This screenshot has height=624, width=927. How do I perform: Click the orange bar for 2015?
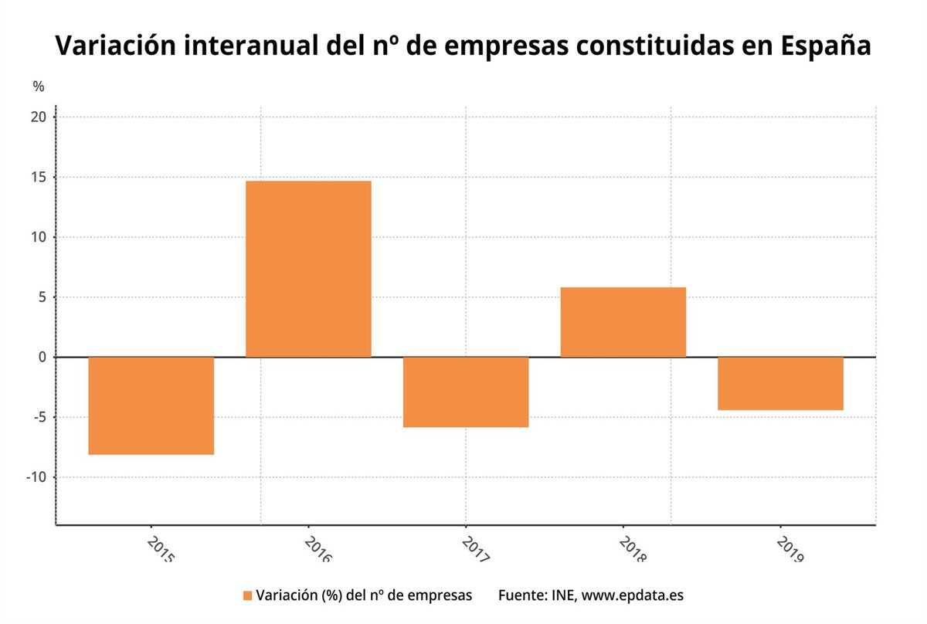coord(151,405)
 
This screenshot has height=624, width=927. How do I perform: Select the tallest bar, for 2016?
coord(308,269)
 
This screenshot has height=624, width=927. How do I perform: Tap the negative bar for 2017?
coord(466,392)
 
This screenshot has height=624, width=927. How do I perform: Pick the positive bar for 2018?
coord(623,322)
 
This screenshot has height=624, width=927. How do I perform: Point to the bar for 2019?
coord(780,383)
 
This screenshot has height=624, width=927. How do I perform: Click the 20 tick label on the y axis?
coord(39,117)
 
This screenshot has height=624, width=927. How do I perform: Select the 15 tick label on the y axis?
coord(39,178)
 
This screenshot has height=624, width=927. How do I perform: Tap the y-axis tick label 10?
coord(39,237)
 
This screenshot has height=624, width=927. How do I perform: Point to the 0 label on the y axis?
coord(42,358)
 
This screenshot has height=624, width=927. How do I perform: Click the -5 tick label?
coord(39,418)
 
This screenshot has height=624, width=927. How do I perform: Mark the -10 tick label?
coord(36,477)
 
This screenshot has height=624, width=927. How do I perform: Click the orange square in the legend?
coord(247,595)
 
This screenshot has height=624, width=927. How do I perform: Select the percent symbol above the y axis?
coord(39,86)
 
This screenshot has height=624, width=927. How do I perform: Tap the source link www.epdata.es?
coord(632,595)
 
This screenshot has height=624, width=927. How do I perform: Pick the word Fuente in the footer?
coord(521,595)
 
